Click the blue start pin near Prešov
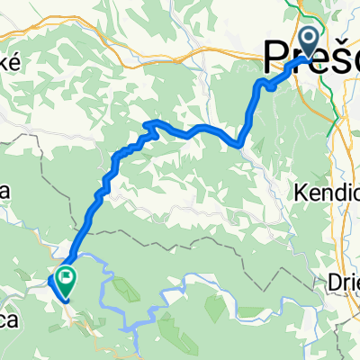(308, 42)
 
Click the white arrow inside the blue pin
(308, 39)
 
